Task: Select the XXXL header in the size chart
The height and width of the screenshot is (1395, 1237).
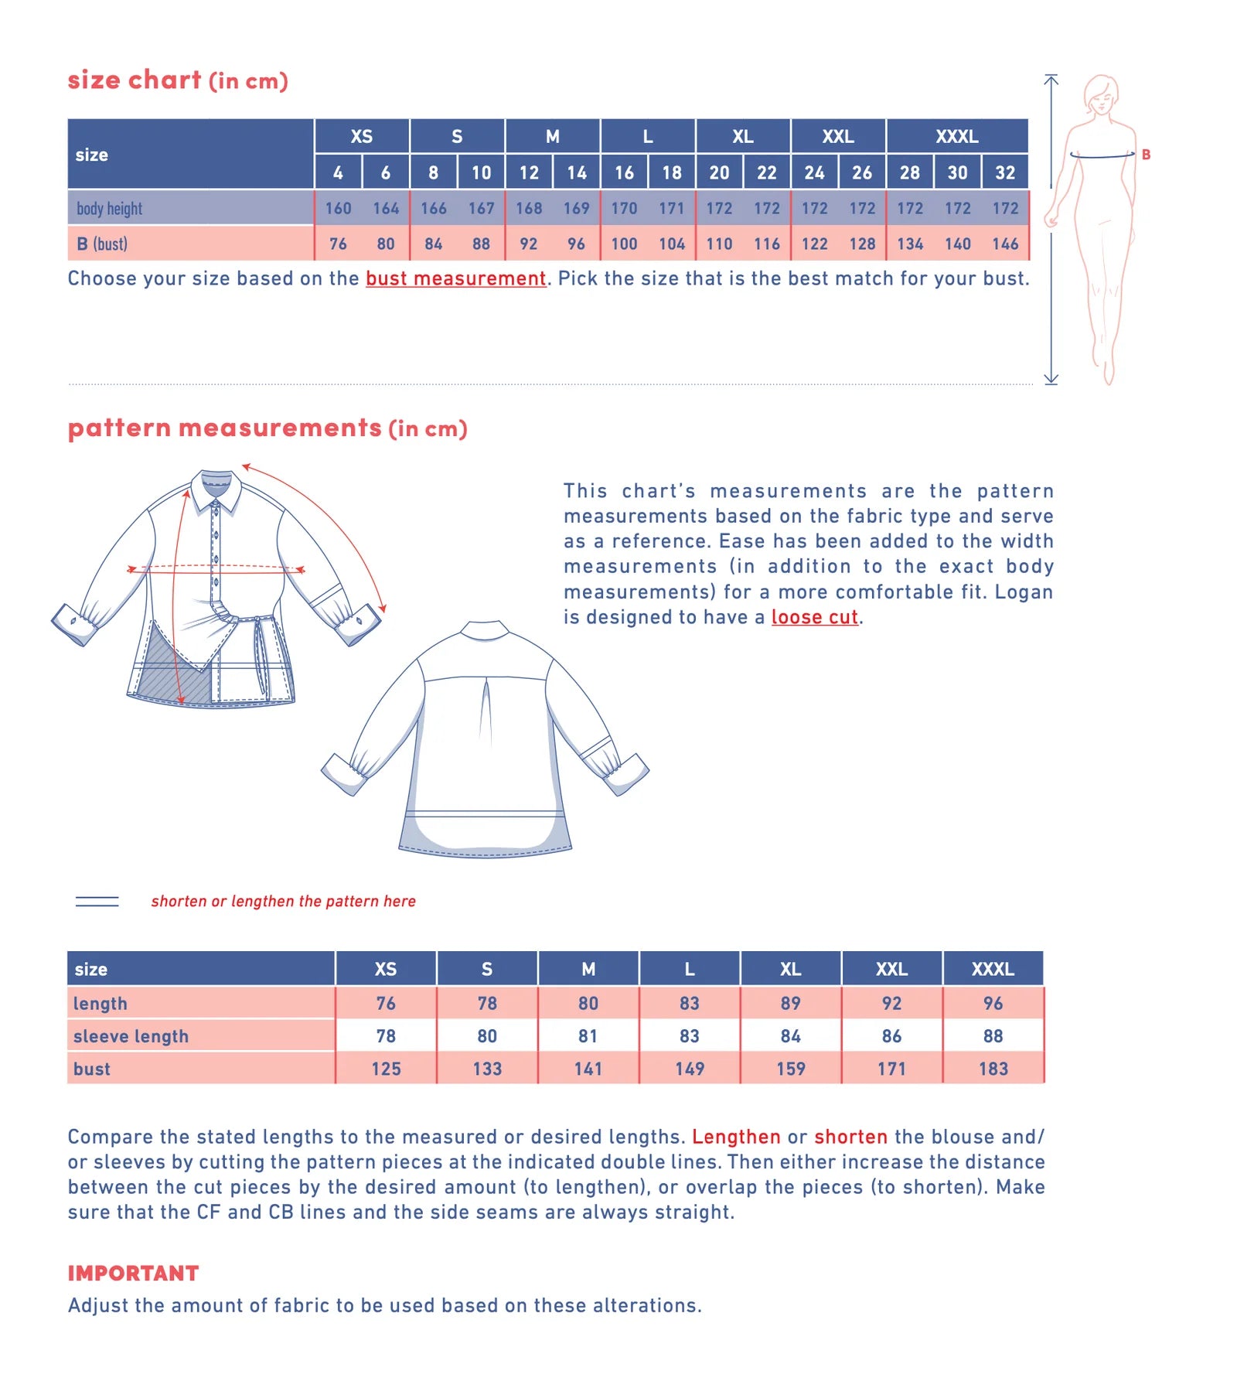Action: pos(956,137)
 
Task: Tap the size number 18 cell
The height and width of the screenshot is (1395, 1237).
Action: pos(672,172)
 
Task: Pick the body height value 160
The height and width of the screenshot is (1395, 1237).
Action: pos(338,208)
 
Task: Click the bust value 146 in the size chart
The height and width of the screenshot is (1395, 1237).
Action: pos(1005,244)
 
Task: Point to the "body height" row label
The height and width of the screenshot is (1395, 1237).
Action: pos(110,209)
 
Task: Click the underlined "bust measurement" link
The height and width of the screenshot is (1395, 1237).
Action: pos(455,278)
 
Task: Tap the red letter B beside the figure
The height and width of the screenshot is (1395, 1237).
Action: pos(1146,155)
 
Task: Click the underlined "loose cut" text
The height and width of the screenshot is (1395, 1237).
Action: pos(814,617)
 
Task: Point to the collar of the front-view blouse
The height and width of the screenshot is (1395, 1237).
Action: pos(216,486)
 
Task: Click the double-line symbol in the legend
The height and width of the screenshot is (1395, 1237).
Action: pos(97,901)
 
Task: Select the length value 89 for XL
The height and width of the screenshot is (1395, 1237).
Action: pos(790,1003)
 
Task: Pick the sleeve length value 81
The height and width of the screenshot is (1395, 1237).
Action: pos(588,1036)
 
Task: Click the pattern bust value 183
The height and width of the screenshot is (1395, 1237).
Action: pos(993,1069)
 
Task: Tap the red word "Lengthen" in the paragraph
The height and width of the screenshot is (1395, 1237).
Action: pos(736,1137)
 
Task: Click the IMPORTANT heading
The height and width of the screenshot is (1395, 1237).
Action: pos(133,1274)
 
